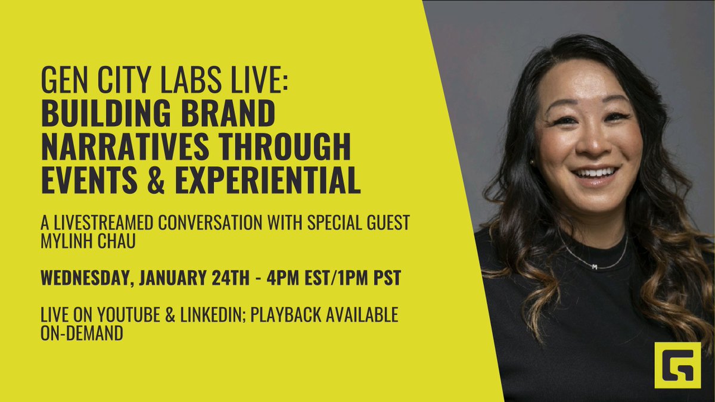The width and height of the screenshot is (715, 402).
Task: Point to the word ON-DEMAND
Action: pos(82,334)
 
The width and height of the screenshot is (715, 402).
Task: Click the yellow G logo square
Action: pos(677,365)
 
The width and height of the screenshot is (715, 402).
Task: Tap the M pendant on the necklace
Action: pos(593,267)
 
